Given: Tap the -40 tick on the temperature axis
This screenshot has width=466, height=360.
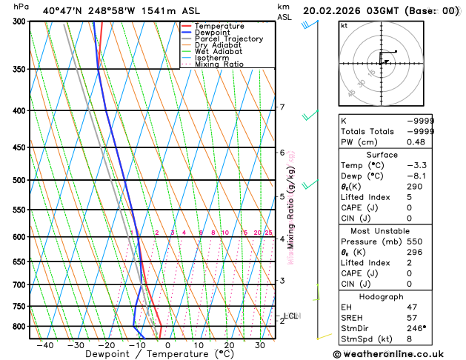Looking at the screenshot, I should [x=44, y=345].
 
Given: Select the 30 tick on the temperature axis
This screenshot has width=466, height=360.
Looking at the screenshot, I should [x=260, y=345].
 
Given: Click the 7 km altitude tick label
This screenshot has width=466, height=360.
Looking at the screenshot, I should [x=282, y=107].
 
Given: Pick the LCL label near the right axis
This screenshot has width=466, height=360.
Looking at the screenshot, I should [x=290, y=316].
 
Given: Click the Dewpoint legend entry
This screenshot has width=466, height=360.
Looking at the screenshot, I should [x=215, y=33].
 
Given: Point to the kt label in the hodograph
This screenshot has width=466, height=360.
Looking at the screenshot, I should [x=344, y=26].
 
